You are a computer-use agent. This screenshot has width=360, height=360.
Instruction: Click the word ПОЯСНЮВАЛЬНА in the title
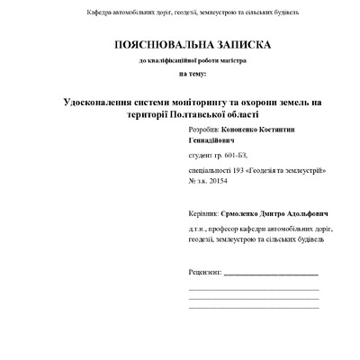point(149,44)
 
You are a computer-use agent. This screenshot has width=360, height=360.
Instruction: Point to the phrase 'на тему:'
point(192,73)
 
